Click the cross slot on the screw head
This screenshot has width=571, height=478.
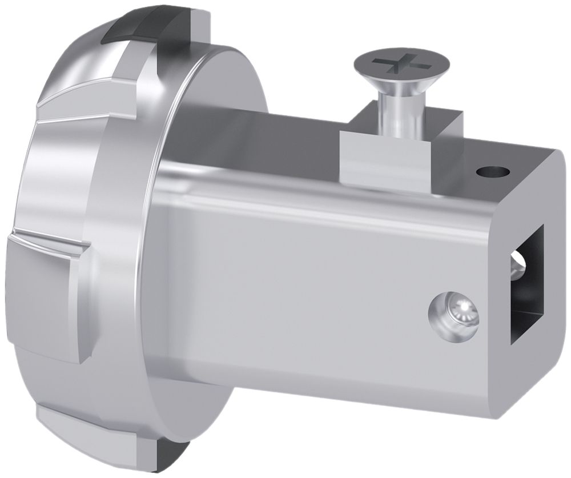click(401, 65)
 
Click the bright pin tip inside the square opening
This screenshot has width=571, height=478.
click(517, 268)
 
